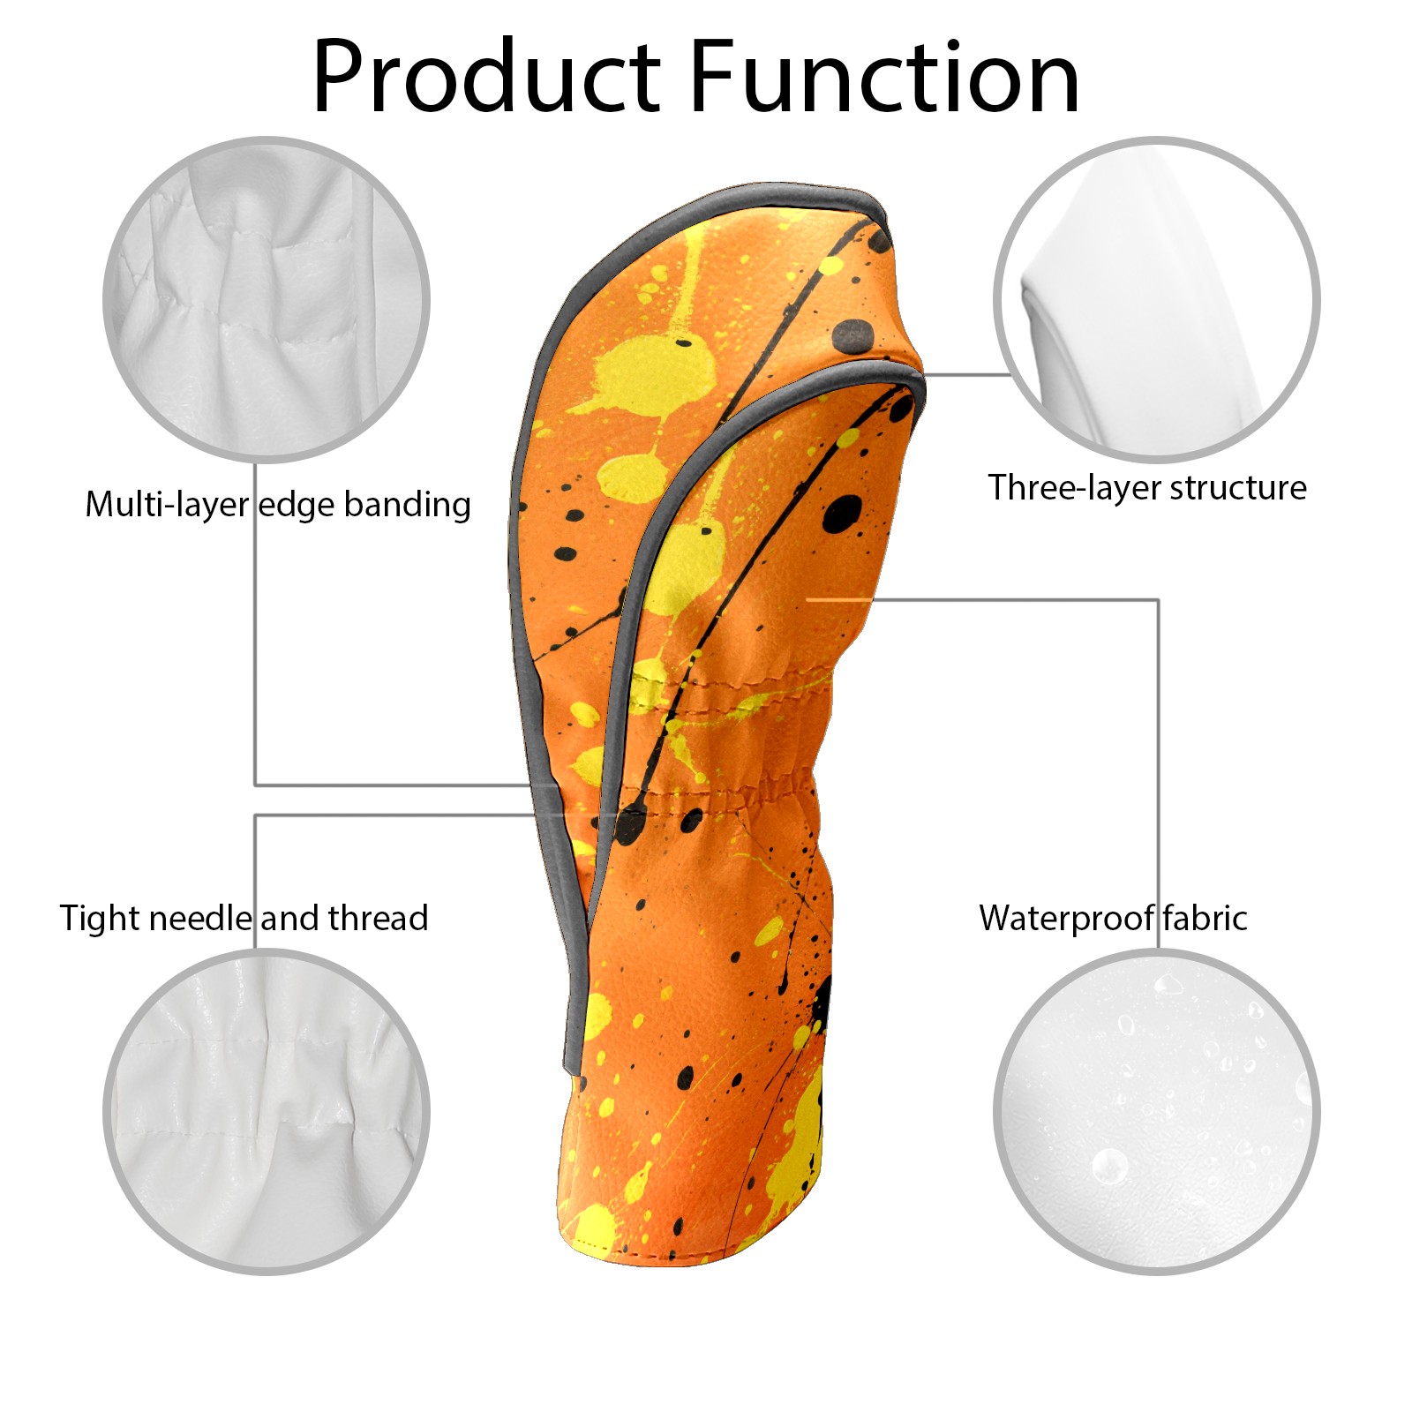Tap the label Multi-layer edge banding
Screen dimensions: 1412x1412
coord(277,505)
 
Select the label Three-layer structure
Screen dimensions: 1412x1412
coord(1146,488)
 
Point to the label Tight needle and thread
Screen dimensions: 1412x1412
coord(244,919)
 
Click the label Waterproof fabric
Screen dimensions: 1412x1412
coord(1113,919)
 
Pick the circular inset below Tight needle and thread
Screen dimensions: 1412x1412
coord(267,1112)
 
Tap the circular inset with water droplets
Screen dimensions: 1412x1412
coord(1156,1112)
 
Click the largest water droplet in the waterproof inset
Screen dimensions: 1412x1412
coord(1109,1167)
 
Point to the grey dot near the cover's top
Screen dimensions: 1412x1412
coord(853,335)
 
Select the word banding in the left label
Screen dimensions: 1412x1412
coord(407,505)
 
